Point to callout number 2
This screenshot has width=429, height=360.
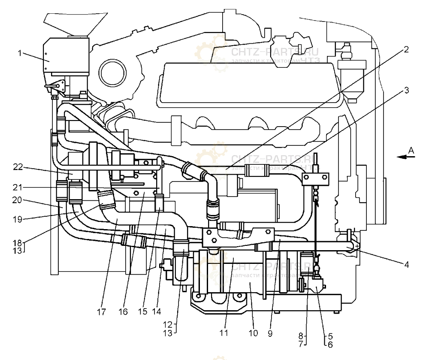[405, 49]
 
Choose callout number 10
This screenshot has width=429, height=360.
[256, 333]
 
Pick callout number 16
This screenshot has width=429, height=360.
[124, 312]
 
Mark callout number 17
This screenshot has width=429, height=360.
[101, 312]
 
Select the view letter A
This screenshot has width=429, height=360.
[411, 150]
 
